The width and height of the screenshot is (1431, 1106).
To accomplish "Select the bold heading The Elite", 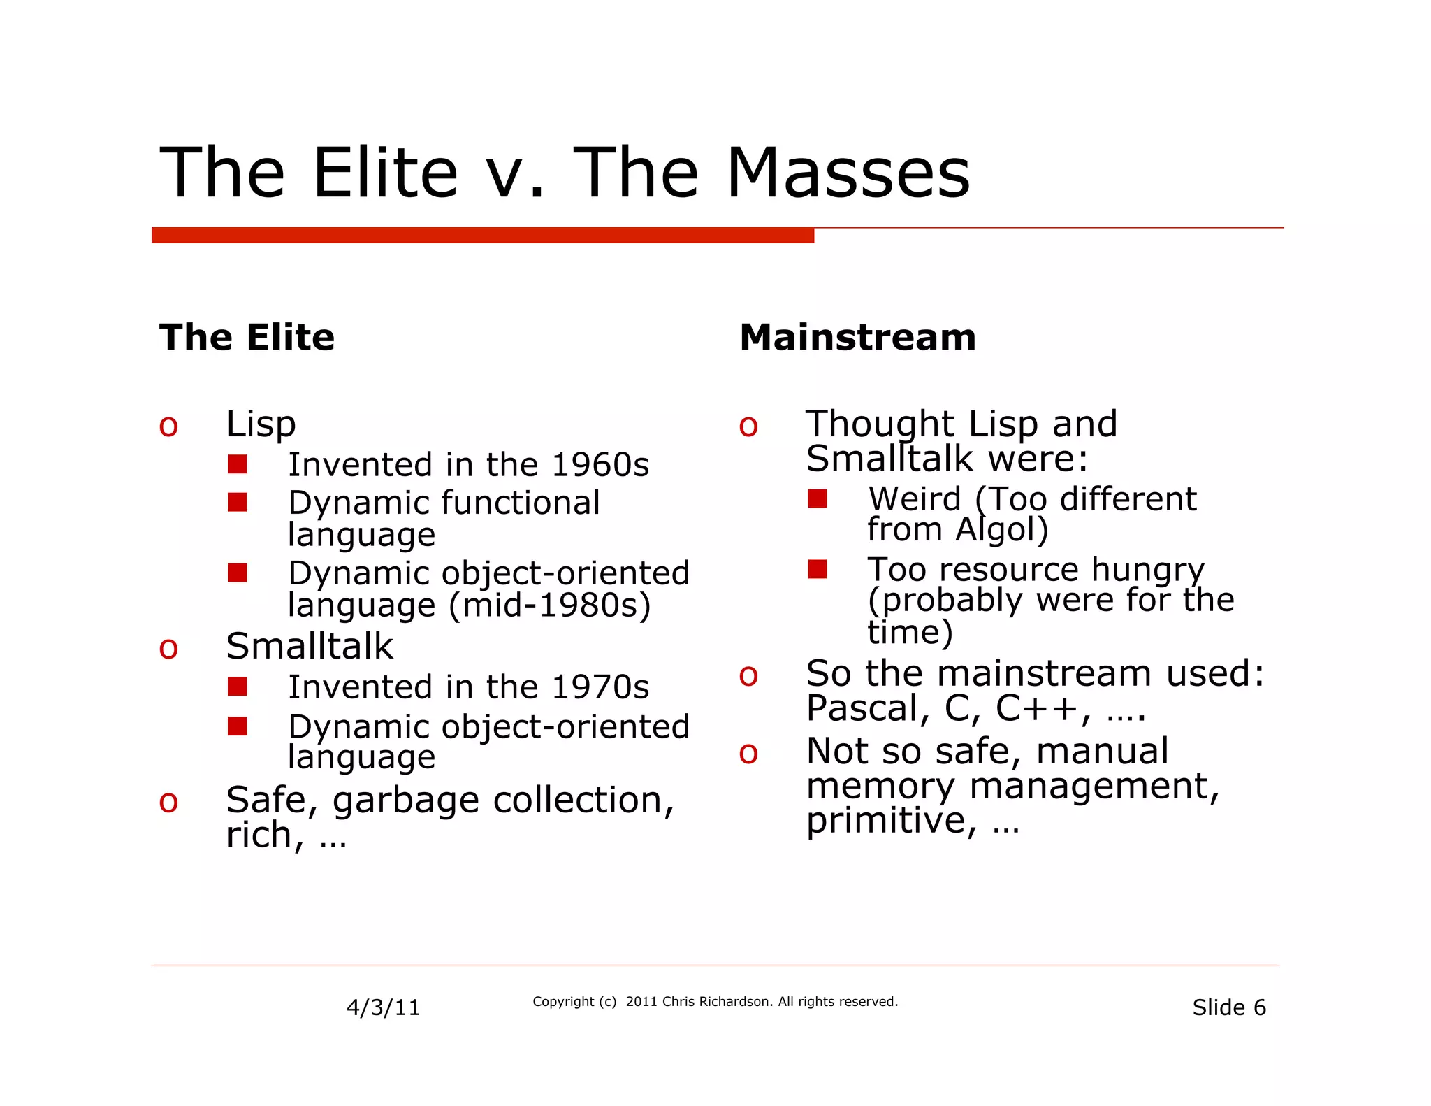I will pos(247,338).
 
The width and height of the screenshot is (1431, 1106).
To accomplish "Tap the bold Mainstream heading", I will pos(857,338).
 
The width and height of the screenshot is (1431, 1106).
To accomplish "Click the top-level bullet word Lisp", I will pos(261,424).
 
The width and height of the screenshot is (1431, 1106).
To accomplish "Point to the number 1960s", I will pos(600,465).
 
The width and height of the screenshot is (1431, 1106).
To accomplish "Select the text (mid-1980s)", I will pos(549,605).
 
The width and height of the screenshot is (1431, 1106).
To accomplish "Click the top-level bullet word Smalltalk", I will pos(310,647).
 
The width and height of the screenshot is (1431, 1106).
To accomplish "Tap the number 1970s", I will pos(600,687).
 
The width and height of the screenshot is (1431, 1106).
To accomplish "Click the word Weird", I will pos(915,499).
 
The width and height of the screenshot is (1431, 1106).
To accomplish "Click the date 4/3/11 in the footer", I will pos(383,1007).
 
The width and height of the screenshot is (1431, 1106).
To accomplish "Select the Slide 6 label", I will pos(1228,1007).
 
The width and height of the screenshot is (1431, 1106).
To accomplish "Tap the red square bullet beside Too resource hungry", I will pos(817,569).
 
